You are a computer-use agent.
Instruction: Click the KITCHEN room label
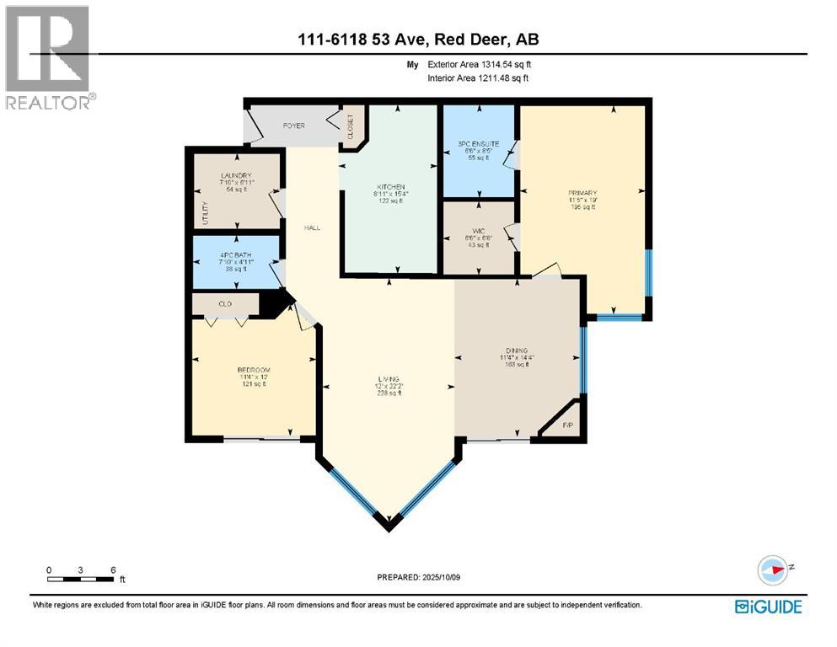pyautogui.click(x=391, y=187)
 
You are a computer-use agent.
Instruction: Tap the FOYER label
pyautogui.click(x=293, y=126)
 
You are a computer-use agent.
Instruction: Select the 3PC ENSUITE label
pyautogui.click(x=478, y=144)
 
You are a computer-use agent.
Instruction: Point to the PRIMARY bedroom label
pyautogui.click(x=582, y=192)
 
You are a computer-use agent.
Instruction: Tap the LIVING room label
pyautogui.click(x=388, y=378)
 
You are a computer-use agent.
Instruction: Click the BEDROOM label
pyautogui.click(x=253, y=370)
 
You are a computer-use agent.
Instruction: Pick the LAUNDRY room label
pyautogui.click(x=235, y=175)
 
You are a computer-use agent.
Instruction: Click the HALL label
pyautogui.click(x=312, y=227)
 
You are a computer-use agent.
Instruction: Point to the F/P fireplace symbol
pyautogui.click(x=568, y=426)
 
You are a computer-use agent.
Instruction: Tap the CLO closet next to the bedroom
pyautogui.click(x=225, y=303)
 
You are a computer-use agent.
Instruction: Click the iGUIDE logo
pyautogui.click(x=768, y=607)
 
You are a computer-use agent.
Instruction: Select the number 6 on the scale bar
pyautogui.click(x=113, y=569)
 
